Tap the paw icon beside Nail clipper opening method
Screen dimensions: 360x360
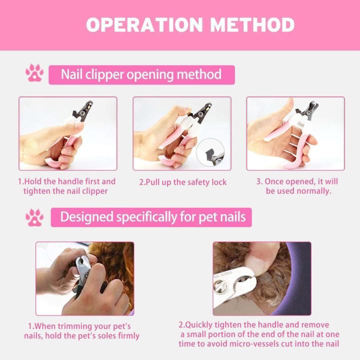34,73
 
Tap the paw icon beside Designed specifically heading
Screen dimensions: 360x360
34,217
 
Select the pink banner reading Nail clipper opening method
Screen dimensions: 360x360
141,75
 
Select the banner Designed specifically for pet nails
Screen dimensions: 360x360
151,217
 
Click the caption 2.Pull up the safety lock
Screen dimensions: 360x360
182,182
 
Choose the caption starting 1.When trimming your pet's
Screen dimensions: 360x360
81,330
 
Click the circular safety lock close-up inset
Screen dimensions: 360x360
210,152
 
